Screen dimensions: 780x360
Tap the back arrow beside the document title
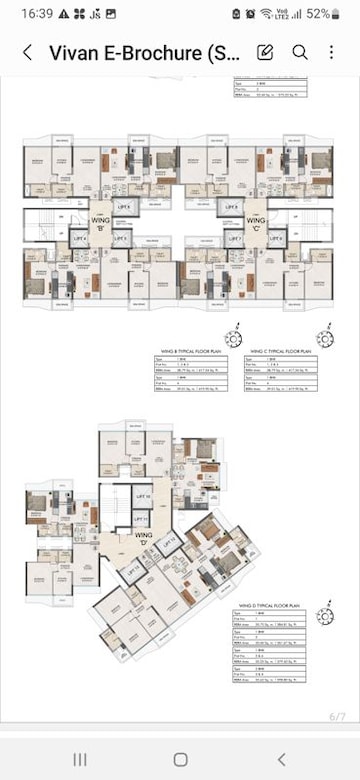click(x=27, y=52)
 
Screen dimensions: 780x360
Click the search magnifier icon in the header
click(x=300, y=52)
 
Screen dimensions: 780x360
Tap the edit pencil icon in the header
click(x=265, y=52)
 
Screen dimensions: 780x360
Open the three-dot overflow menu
click(x=332, y=52)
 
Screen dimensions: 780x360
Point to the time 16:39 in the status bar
click(x=20, y=14)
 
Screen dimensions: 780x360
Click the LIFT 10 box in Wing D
click(x=142, y=497)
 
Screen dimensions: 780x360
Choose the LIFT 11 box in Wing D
click(x=142, y=519)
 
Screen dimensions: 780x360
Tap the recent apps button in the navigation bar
click(x=79, y=759)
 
